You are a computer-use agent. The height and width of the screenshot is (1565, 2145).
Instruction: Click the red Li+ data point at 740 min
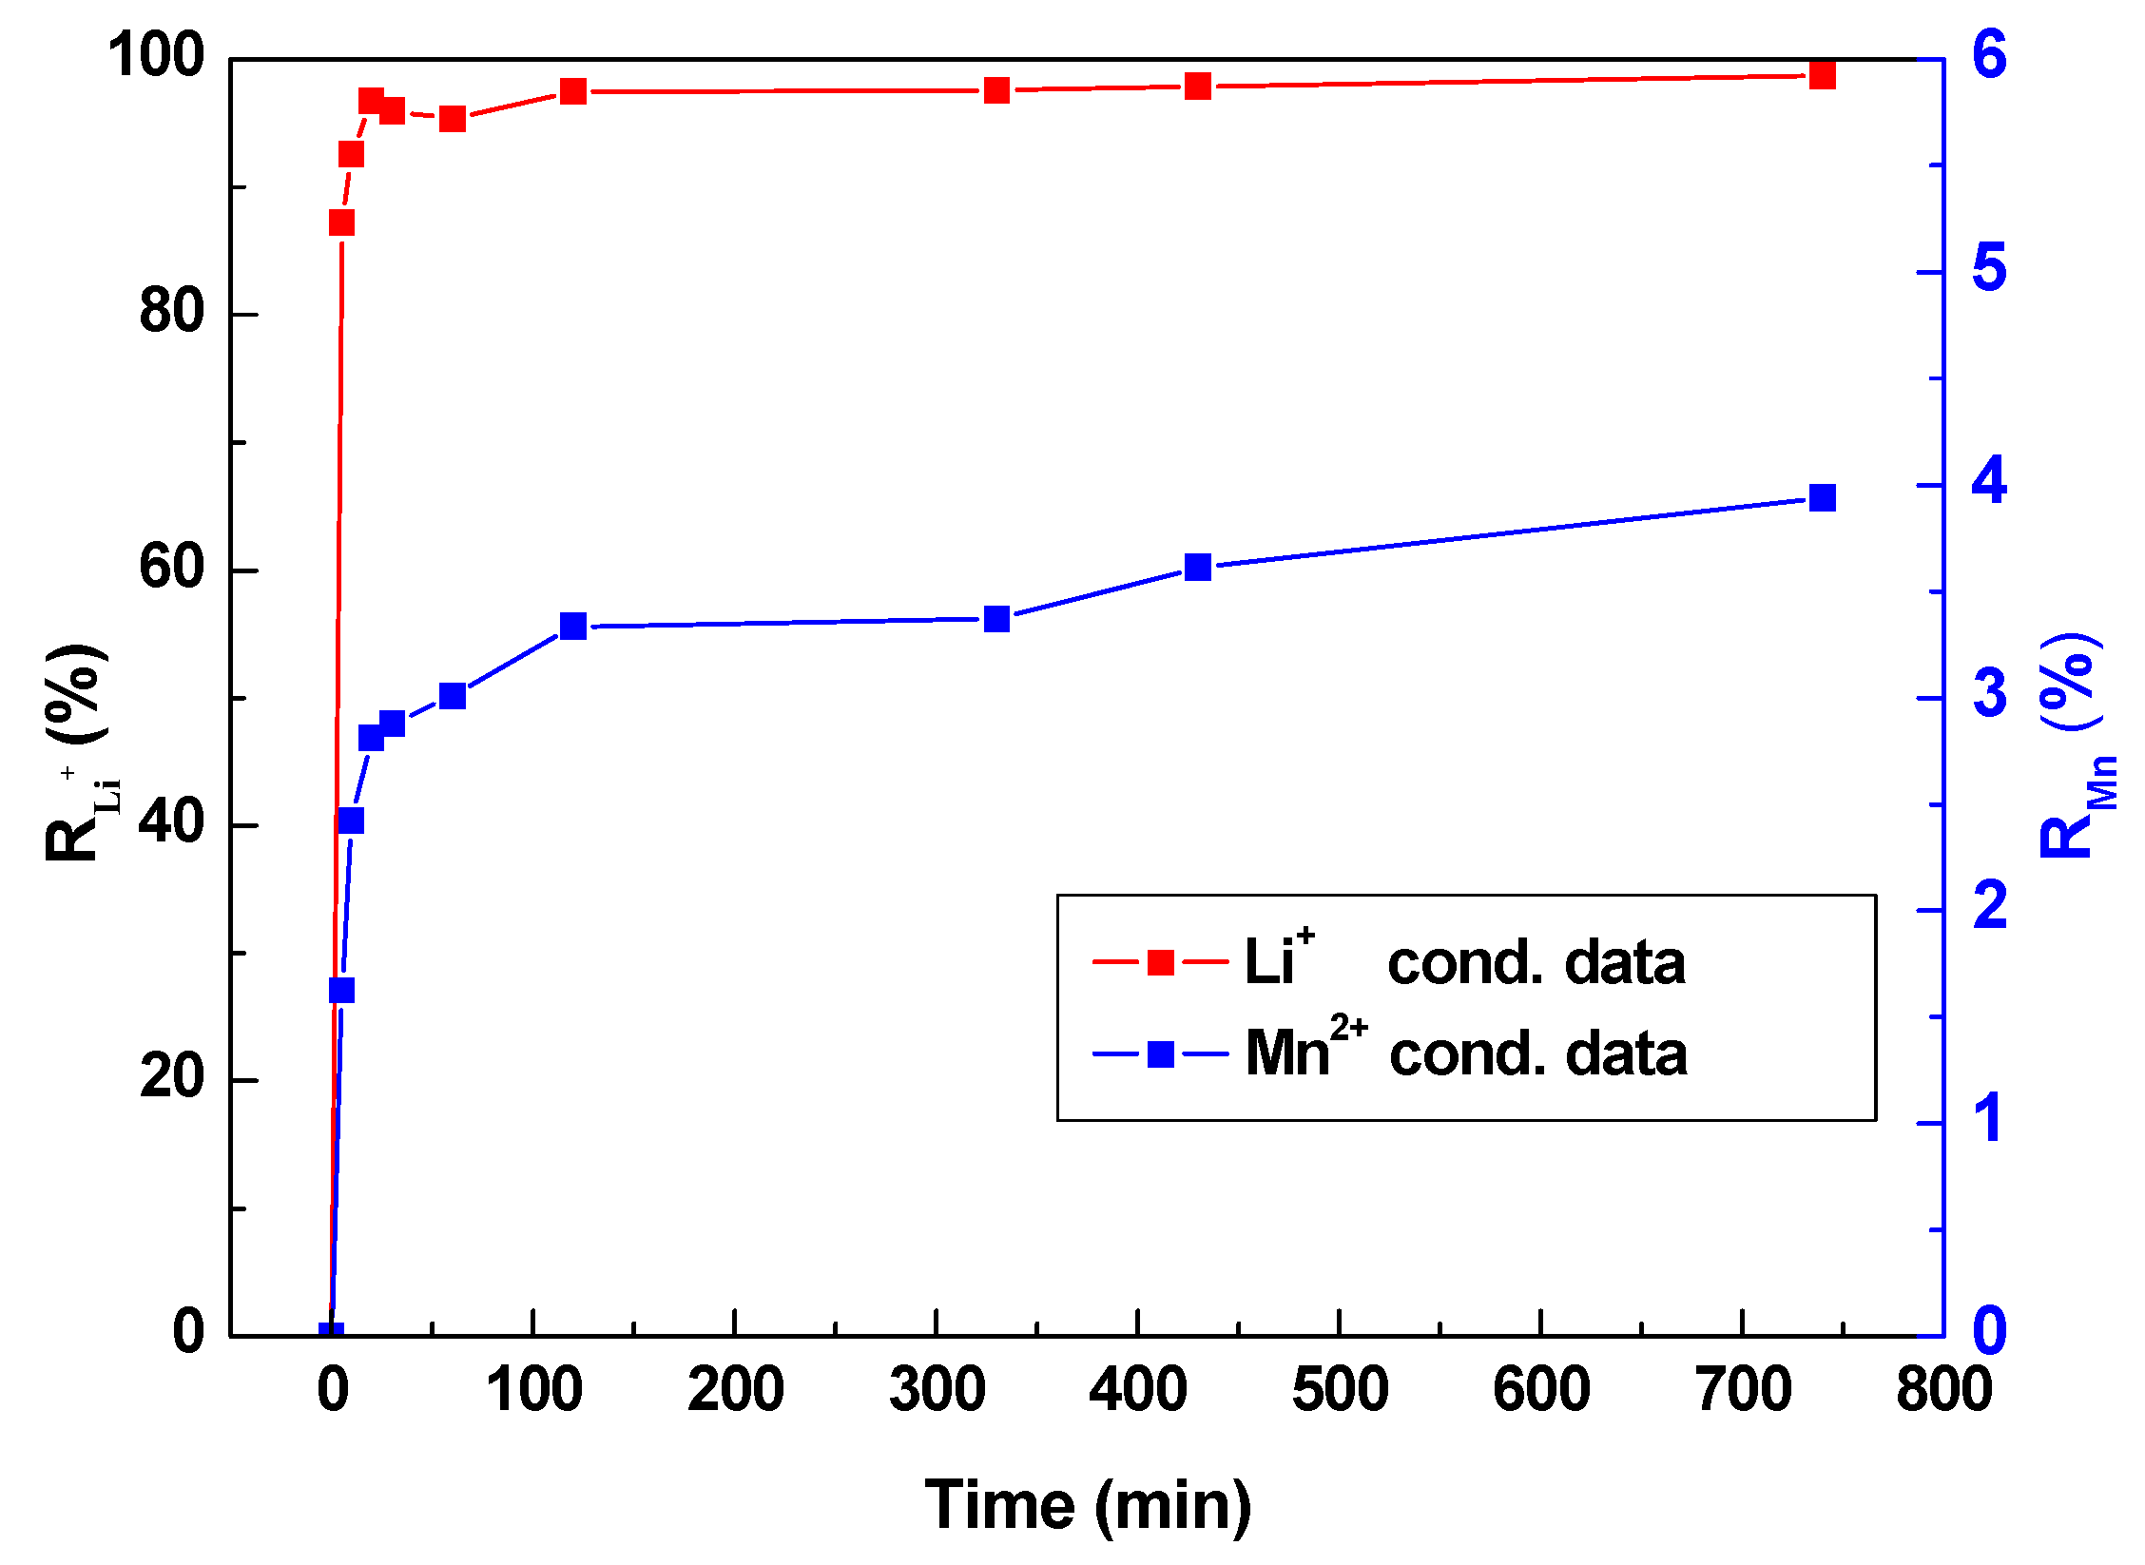[1822, 76]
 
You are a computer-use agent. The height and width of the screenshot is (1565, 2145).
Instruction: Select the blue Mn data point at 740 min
[1822, 497]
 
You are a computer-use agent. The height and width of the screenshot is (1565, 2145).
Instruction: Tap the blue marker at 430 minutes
[1198, 568]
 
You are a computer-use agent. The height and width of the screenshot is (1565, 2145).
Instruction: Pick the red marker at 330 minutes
[996, 90]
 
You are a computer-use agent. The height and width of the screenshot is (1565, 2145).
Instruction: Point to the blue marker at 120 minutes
[573, 626]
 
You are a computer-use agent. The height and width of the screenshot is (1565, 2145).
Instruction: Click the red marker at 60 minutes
[453, 119]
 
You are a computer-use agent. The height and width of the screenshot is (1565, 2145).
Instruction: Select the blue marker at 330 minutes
[996, 619]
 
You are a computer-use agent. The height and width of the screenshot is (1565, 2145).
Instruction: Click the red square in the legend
[1160, 962]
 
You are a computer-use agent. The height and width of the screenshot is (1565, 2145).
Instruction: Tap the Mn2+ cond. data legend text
[1465, 1053]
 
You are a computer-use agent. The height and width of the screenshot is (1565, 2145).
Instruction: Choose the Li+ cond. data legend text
[1464, 962]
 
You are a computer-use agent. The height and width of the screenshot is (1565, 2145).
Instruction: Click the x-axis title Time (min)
[1088, 1505]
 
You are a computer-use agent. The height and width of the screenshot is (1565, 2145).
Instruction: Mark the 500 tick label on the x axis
[1340, 1389]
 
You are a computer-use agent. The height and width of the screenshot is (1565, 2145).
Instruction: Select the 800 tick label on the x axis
[1943, 1389]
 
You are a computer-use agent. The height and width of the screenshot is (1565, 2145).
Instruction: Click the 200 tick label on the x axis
[735, 1389]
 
